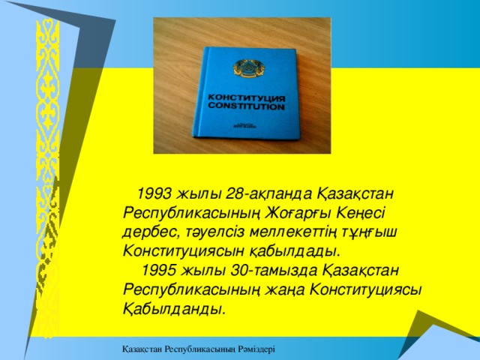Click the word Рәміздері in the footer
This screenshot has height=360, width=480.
(x=252, y=349)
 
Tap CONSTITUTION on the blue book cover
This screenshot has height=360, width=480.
(x=246, y=107)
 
